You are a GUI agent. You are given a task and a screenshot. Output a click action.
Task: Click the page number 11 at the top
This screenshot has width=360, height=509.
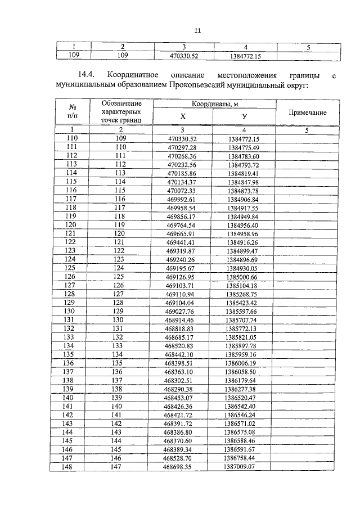click(x=197, y=31)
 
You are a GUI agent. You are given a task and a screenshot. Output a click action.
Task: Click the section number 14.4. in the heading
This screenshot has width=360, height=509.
click(x=89, y=75)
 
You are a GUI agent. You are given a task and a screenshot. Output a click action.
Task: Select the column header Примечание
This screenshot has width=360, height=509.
click(x=307, y=112)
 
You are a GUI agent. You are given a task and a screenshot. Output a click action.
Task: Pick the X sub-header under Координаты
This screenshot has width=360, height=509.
click(x=183, y=116)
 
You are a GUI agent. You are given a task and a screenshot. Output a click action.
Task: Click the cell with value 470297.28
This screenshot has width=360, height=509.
click(x=183, y=147)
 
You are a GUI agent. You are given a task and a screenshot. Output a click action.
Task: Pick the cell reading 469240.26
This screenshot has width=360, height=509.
click(x=183, y=260)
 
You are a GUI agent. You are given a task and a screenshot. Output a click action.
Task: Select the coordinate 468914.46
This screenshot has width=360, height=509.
click(x=183, y=320)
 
